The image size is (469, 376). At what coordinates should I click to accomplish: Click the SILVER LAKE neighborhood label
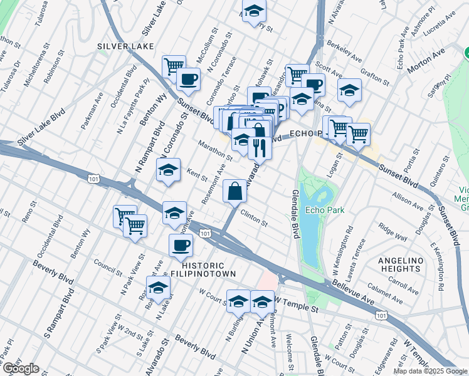click(122, 46)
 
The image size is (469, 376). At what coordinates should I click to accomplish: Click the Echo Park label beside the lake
click(322, 211)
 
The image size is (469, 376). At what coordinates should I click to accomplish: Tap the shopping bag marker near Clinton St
click(234, 191)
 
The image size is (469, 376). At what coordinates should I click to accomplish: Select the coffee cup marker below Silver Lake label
click(188, 80)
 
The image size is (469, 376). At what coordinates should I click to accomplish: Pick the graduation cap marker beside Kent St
click(168, 171)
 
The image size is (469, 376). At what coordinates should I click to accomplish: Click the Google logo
click(20, 369)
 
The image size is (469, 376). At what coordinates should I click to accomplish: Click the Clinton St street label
click(254, 218)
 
